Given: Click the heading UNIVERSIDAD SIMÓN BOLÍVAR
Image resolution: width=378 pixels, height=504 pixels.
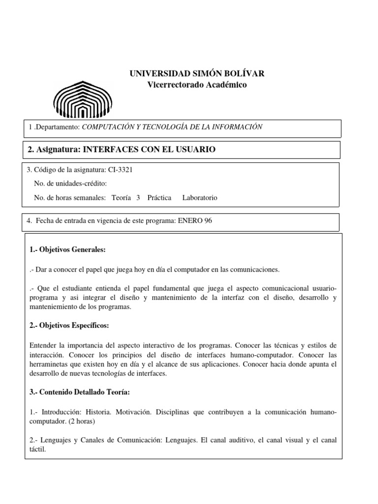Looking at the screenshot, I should (x=197, y=74).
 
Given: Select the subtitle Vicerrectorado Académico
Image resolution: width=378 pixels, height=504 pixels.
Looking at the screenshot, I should (x=197, y=85).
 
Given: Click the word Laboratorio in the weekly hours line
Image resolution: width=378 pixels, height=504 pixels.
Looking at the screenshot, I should (x=199, y=198).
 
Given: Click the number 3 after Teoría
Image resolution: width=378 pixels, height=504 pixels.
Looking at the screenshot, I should (x=138, y=198).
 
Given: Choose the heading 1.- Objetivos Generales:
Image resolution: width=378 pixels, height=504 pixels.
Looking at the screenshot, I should (x=67, y=250).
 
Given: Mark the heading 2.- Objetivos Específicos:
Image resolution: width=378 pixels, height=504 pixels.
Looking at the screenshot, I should (x=69, y=326).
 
